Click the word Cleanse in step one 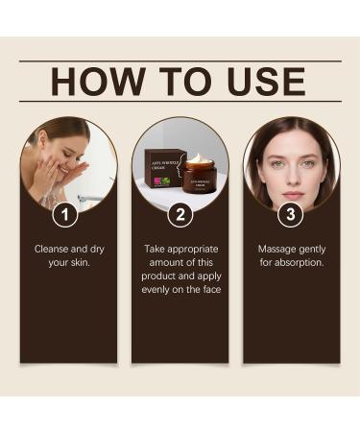52,249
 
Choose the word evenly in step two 158,289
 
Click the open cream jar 199,175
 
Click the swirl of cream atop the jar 199,157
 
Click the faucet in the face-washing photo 90,198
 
